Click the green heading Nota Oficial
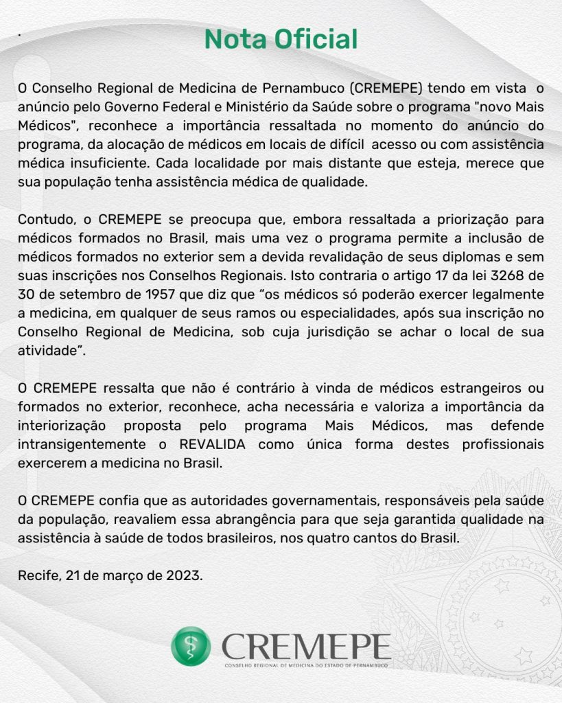pos(281,39)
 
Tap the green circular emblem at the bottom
pos(191,646)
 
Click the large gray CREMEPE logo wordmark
pos(306,645)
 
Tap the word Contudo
pos(43,220)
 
